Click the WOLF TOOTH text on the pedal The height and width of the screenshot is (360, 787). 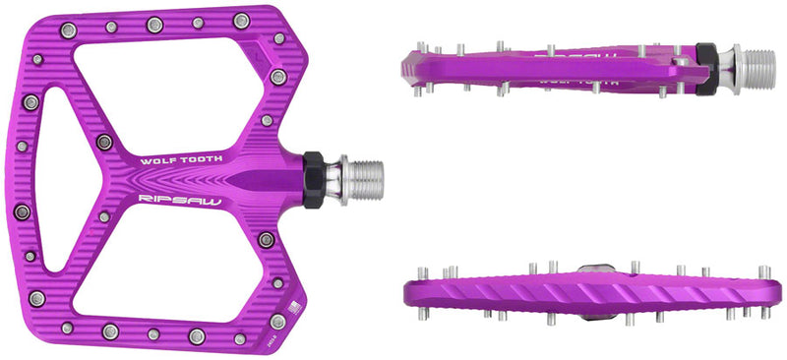tap(182, 158)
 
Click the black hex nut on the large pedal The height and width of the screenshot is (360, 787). tap(314, 178)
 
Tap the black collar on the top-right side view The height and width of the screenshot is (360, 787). tap(705, 70)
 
